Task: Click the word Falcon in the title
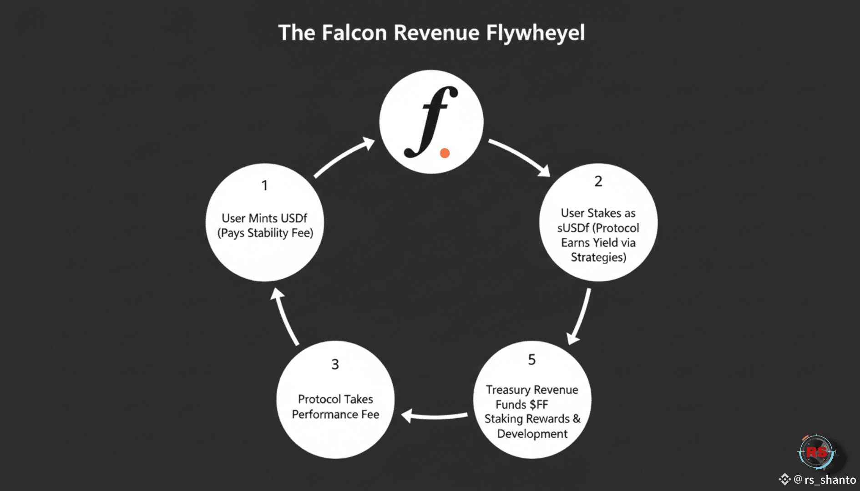(x=354, y=33)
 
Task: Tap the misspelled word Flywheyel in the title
(x=535, y=33)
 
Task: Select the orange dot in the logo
(x=445, y=153)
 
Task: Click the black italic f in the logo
(x=430, y=122)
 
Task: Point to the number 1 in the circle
(x=264, y=185)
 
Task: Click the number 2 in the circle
(x=598, y=181)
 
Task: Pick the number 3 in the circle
(x=335, y=364)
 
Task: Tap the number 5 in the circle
(x=532, y=360)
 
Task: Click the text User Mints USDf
(x=264, y=218)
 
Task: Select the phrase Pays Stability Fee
(x=265, y=233)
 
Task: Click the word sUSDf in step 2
(x=573, y=228)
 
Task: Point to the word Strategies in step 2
(x=598, y=257)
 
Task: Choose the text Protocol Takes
(x=335, y=399)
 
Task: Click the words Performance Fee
(x=335, y=415)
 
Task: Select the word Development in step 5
(x=532, y=434)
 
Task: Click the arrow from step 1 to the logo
(x=344, y=157)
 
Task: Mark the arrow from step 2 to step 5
(x=580, y=316)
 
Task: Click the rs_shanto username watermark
(x=830, y=480)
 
